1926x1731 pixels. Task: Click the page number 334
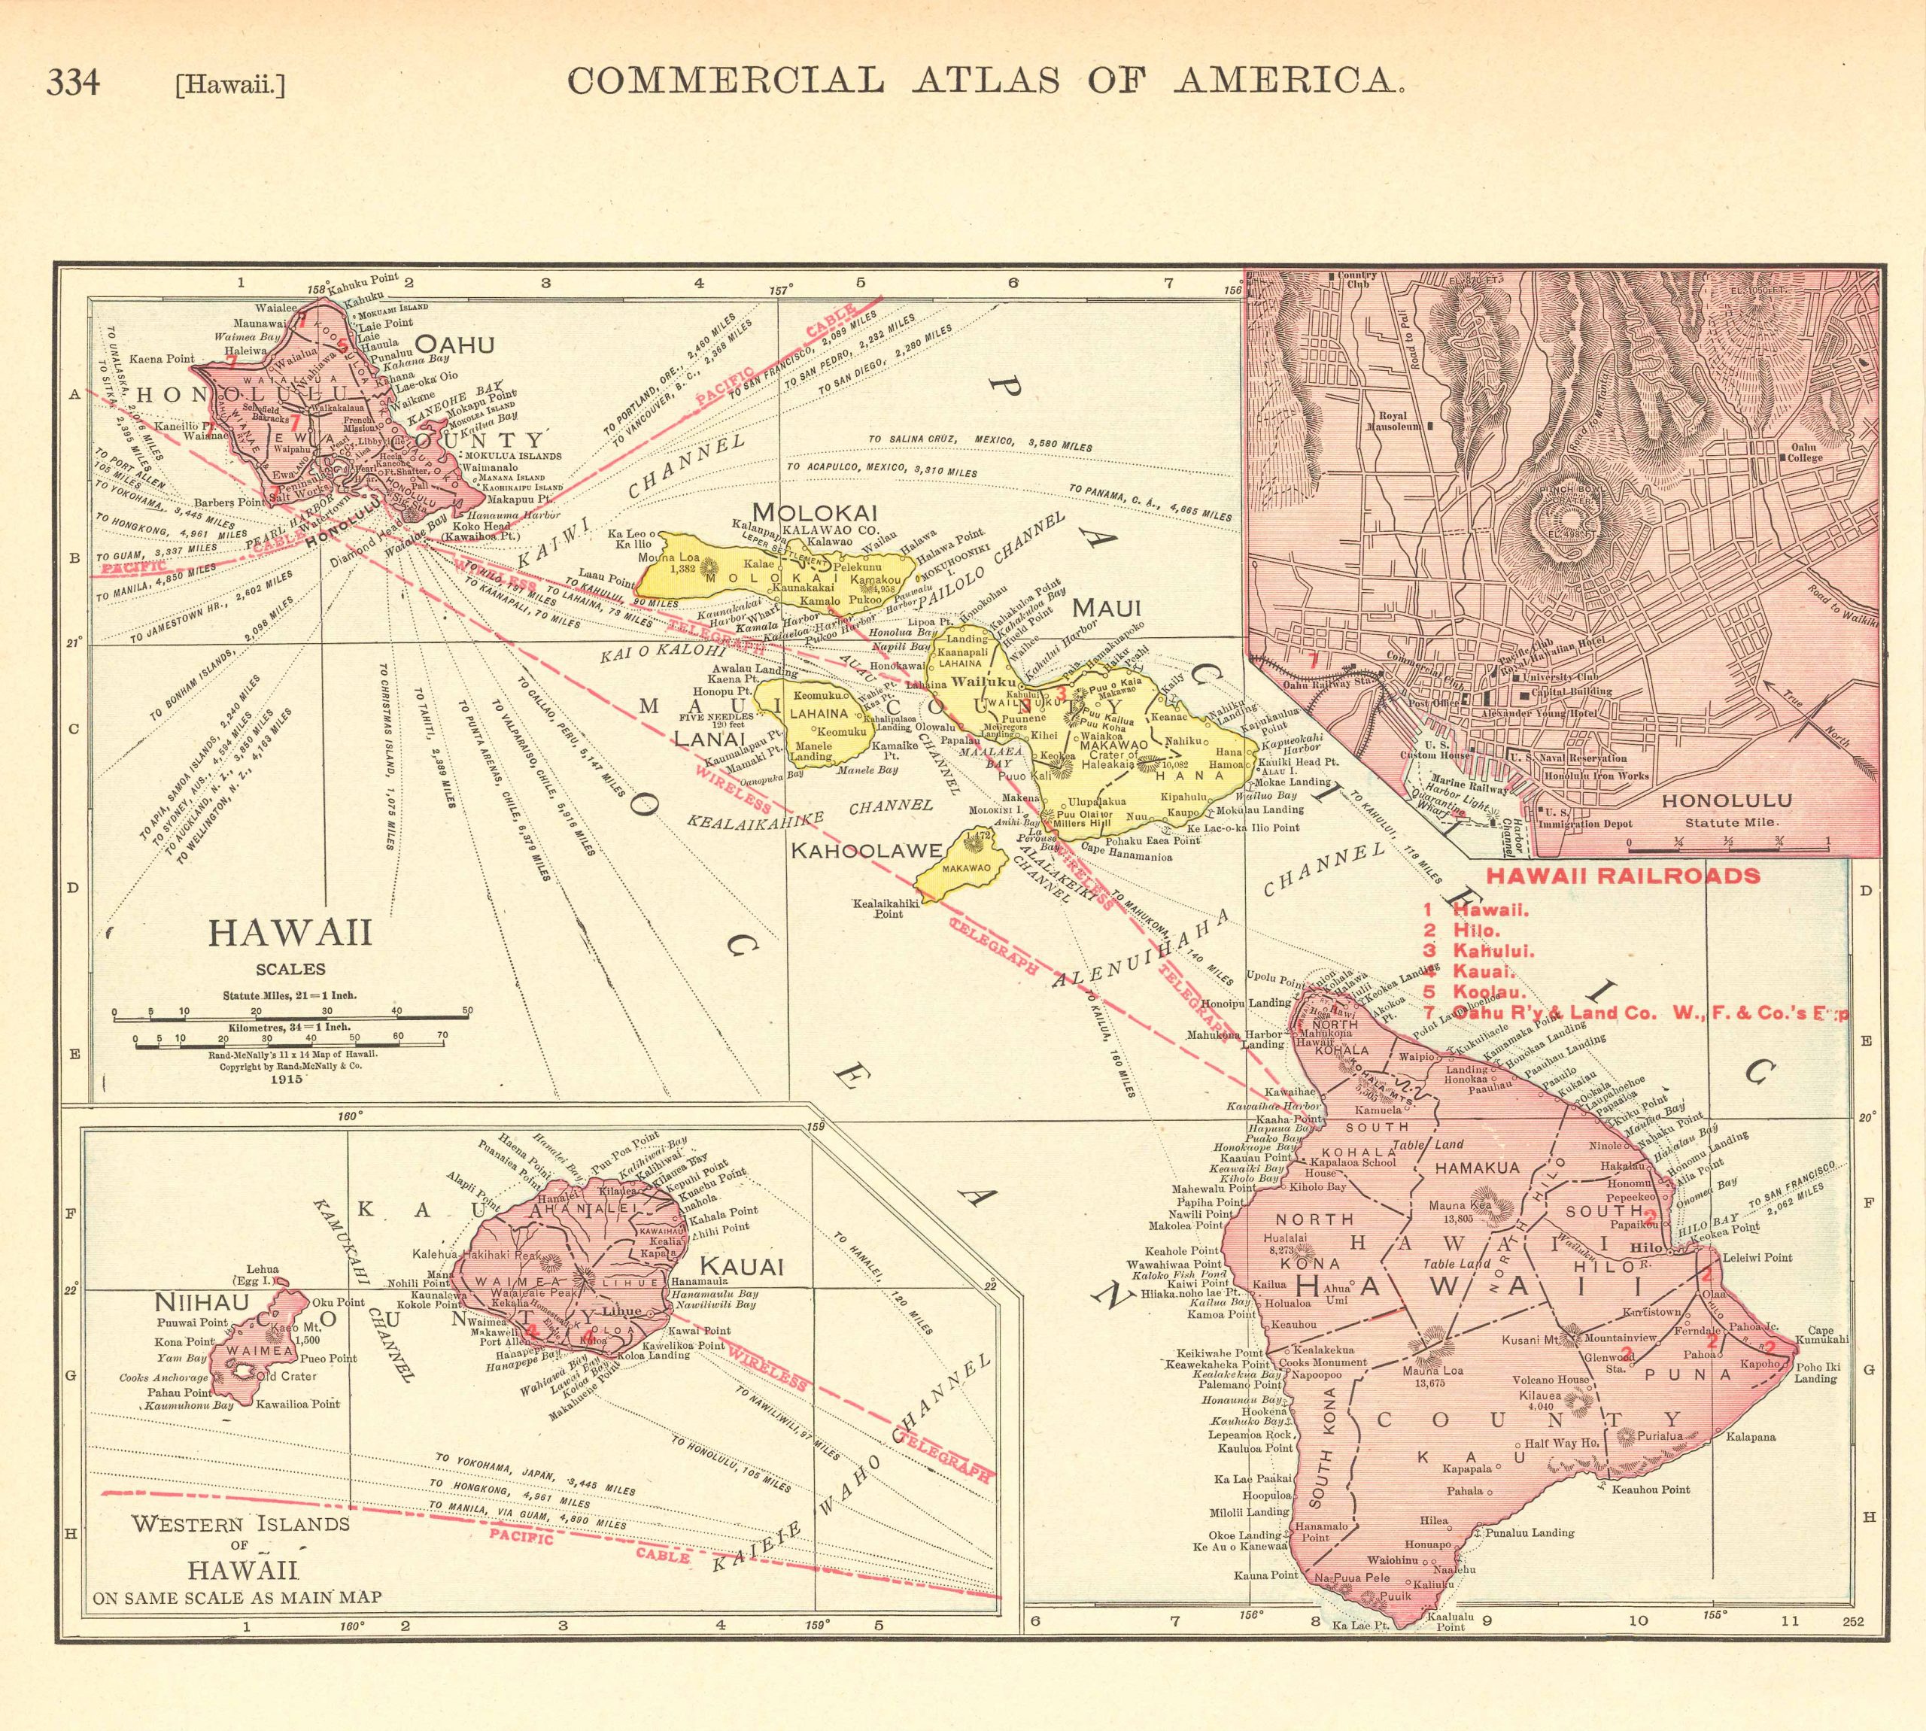[72, 83]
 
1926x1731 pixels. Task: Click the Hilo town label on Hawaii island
[1645, 1247]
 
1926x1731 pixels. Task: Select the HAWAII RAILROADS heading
[1623, 876]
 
